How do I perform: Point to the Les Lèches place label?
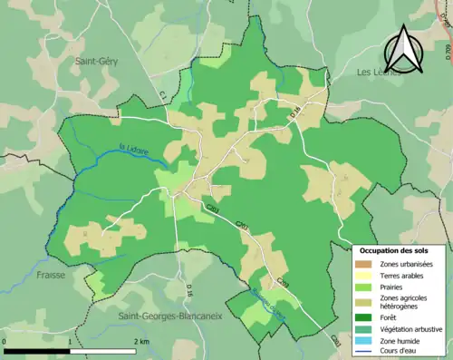379,72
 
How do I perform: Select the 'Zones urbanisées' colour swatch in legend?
363,263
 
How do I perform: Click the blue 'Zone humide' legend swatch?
363,341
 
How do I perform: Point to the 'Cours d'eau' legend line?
363,352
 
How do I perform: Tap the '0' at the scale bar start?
5,341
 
